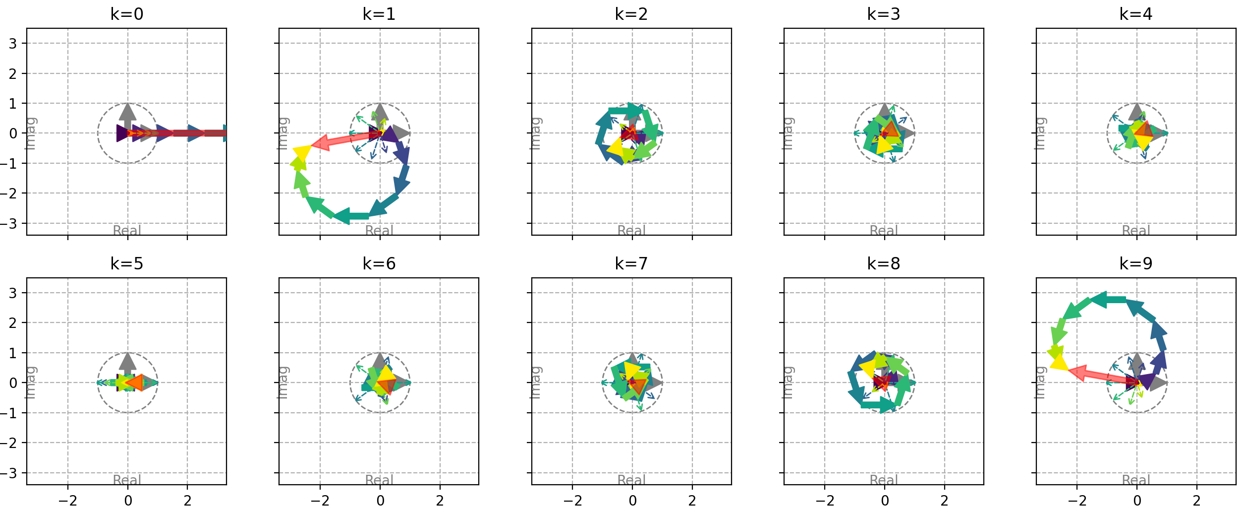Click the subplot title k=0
pos(127,14)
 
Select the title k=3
pos(884,14)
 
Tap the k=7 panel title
pos(631,263)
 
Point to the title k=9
pos(1136,263)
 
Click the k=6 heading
pos(379,263)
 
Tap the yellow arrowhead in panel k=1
pos(301,152)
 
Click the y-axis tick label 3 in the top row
pos(13,44)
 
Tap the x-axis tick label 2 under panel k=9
pos(1196,501)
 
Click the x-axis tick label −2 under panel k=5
pos(67,501)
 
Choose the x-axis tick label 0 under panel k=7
pos(632,501)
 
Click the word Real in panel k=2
pos(631,231)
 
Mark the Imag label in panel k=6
pos(283,383)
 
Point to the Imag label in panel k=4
pos(1040,133)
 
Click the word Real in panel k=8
pos(884,480)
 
